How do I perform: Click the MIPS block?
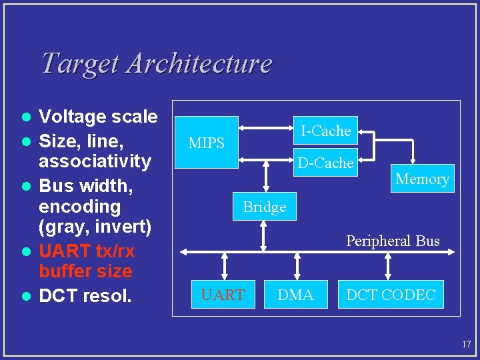(206, 143)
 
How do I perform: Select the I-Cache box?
(325, 131)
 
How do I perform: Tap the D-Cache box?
(325, 163)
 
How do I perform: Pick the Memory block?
(422, 179)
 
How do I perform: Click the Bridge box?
(265, 207)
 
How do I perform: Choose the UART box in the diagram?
(223, 295)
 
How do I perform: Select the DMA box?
(295, 295)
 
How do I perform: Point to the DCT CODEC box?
(390, 295)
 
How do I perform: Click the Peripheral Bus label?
(393, 241)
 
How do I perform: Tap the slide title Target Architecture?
(156, 63)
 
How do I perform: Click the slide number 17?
(466, 345)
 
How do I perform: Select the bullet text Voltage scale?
(98, 117)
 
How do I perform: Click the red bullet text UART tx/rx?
(87, 251)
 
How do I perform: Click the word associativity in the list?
(95, 161)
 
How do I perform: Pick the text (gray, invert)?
(95, 227)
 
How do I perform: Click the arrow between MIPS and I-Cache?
(267, 125)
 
